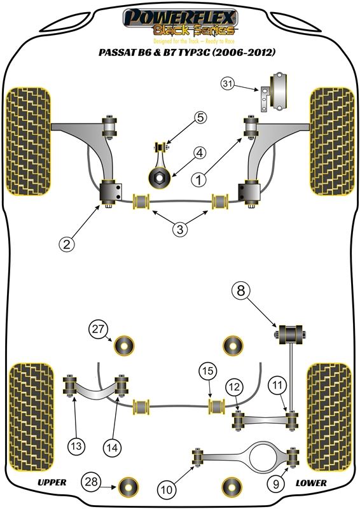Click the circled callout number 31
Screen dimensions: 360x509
tap(228, 84)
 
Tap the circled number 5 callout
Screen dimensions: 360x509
tap(200, 117)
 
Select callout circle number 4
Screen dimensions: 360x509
tap(200, 153)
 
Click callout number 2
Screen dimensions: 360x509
tap(67, 244)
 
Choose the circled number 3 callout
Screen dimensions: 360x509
tap(179, 230)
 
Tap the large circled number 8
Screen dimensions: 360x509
tap(241, 291)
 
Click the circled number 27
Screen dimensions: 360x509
tap(98, 330)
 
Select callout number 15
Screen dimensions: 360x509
tap(208, 371)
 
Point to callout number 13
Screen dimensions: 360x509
tap(76, 446)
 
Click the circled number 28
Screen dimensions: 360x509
tap(91, 482)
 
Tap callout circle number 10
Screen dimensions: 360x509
tap(167, 489)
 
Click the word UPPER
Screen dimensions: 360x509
tap(52, 482)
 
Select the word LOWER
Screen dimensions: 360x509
tap(311, 483)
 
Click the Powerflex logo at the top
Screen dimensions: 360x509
tap(180, 23)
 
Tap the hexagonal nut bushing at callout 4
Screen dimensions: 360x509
tap(160, 178)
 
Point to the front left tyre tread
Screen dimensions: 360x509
tap(28, 141)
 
